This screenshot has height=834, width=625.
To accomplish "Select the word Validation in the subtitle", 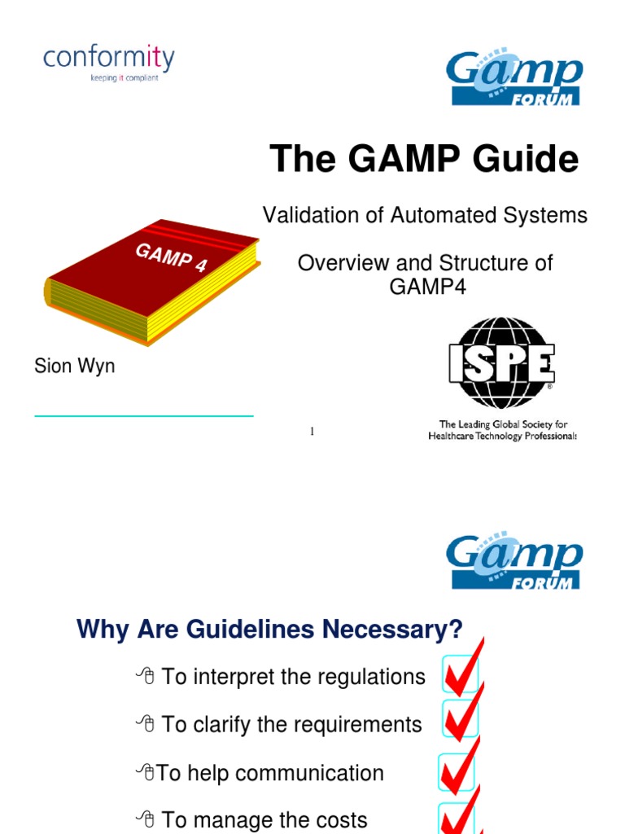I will click(x=306, y=215).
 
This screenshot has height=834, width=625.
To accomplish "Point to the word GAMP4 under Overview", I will click(x=425, y=287).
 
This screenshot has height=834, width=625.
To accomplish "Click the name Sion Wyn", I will click(x=74, y=367).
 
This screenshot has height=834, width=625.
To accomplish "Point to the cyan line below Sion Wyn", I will click(x=143, y=416).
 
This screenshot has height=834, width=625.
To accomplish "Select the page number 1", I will click(x=312, y=431).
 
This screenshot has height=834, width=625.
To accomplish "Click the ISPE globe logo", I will click(x=501, y=362).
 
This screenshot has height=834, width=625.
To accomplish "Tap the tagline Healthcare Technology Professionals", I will click(x=502, y=437).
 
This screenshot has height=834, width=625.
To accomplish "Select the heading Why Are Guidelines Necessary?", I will click(x=269, y=629).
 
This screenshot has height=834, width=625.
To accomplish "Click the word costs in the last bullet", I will click(x=338, y=820).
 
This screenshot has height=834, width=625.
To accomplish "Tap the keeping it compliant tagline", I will click(x=124, y=79).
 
